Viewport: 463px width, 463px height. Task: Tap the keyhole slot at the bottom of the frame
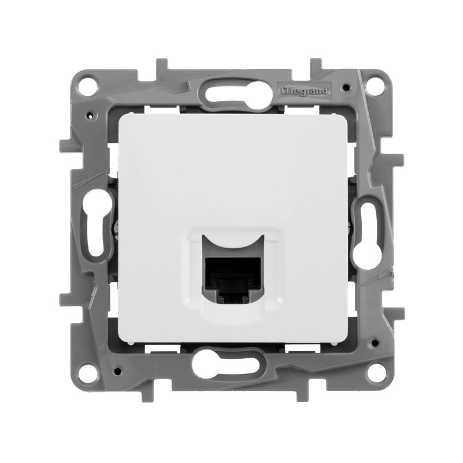tap(231, 367)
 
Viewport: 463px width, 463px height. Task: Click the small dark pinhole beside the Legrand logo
tap(345, 88)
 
